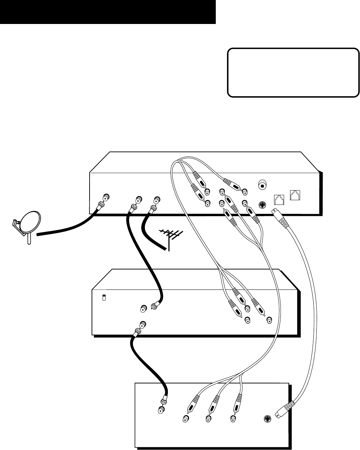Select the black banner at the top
[x=108, y=12]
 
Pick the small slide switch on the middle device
[x=104, y=297]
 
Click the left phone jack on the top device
[x=279, y=199]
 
